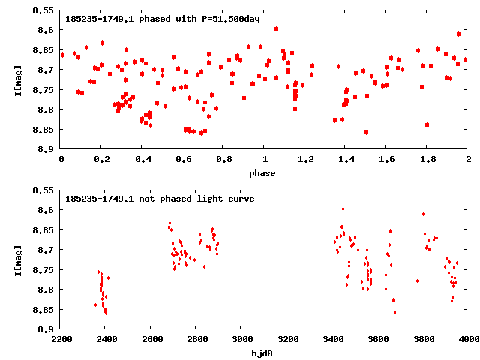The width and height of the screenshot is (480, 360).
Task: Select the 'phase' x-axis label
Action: coord(264,173)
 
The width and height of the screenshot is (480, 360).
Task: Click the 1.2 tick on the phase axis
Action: coord(305,160)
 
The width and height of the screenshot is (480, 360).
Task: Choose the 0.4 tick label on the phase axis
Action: coord(142,160)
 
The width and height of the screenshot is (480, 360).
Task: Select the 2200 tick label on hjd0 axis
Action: coord(61,339)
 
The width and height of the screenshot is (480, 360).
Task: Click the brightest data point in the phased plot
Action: coord(277,28)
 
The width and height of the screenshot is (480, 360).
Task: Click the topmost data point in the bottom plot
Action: coord(343,209)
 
